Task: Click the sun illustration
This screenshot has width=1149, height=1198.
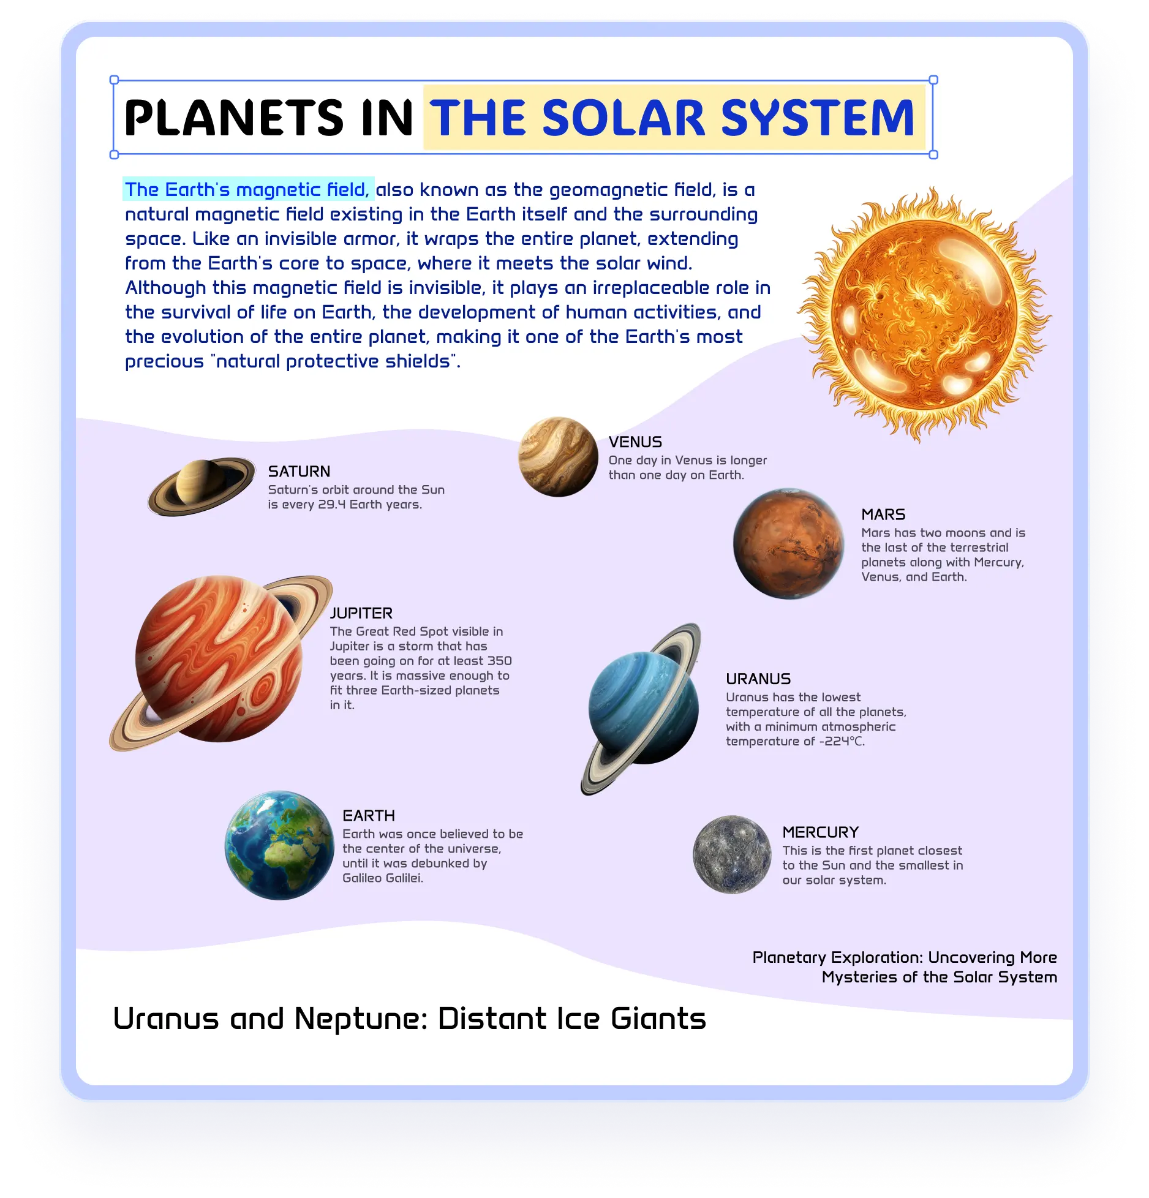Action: [924, 314]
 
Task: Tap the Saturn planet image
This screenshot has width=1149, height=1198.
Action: [202, 486]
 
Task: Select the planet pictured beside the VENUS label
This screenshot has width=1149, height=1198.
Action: [558, 457]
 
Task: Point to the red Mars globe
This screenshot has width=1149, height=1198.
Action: [789, 543]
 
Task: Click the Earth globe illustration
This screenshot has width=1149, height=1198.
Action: [280, 845]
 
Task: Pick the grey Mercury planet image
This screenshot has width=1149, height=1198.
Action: [732, 854]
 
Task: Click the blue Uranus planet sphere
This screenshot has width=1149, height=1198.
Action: [643, 707]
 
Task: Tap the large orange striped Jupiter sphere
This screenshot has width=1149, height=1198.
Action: [219, 659]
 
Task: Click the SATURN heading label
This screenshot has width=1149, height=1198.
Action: [299, 471]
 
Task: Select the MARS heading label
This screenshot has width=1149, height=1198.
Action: [883, 514]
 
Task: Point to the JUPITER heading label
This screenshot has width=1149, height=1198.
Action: [361, 613]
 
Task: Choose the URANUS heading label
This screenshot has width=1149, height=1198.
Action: [758, 679]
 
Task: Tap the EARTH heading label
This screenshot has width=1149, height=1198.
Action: [369, 815]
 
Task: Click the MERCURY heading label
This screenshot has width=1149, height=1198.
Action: [821, 832]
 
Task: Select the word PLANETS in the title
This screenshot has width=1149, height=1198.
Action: [234, 118]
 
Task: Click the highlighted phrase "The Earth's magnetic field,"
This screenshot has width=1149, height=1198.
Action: [247, 190]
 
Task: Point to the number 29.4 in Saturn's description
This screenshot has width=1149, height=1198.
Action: [331, 505]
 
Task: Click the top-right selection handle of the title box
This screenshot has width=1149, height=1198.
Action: [933, 80]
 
